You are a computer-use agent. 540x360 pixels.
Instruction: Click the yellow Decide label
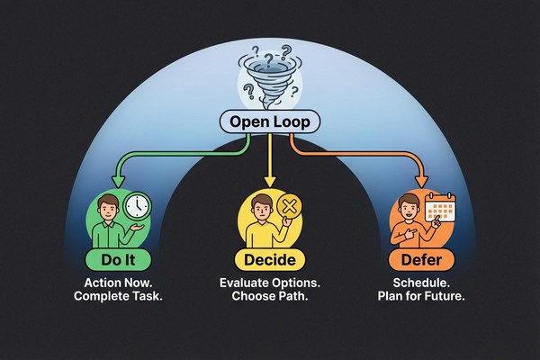[271, 261]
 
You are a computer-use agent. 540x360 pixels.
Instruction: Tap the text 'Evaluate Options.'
[271, 285]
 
